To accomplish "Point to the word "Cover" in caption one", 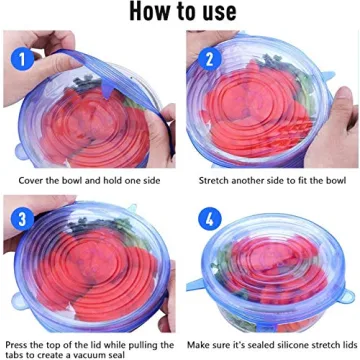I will click(x=32, y=180).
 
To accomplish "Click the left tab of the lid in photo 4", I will click(x=196, y=297).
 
